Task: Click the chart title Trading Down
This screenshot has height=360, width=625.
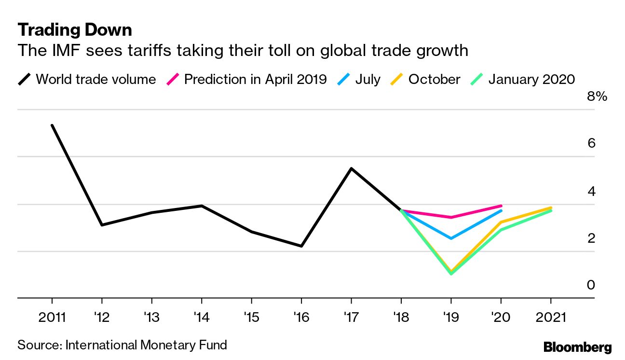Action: (x=75, y=30)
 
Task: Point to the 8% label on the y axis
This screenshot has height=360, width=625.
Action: (x=597, y=97)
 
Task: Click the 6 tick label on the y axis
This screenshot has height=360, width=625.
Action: (x=592, y=143)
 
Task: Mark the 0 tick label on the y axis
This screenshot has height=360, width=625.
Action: (x=591, y=285)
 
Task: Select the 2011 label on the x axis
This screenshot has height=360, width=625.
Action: (x=52, y=318)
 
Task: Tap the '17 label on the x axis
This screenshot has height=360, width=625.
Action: (x=351, y=318)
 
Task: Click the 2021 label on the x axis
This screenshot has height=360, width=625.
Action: (x=551, y=318)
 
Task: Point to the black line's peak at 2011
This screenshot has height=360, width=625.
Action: (x=52, y=125)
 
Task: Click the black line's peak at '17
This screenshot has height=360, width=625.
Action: (x=351, y=168)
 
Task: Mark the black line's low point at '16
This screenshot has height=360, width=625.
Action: (x=301, y=246)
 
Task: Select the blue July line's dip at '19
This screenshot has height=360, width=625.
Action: (x=451, y=238)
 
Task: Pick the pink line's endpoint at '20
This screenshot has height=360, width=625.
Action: (x=501, y=206)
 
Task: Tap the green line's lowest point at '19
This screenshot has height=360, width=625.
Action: (x=451, y=274)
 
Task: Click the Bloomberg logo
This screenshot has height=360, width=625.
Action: (x=577, y=347)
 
